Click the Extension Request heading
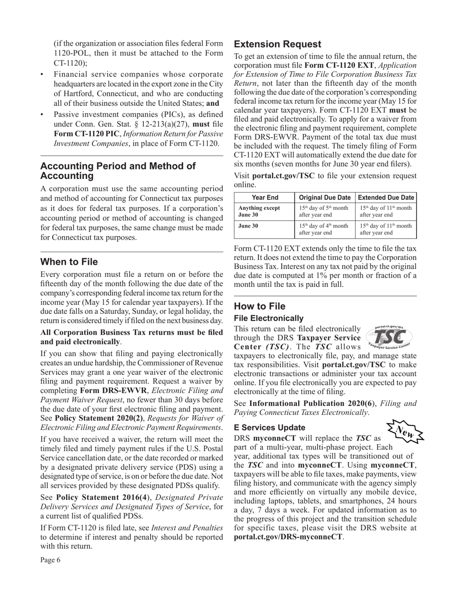[278, 44]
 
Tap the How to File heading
[259, 307]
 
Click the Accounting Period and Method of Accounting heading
[118, 171]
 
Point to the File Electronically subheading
[268, 318]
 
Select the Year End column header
[265, 198]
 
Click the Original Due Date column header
[325, 198]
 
